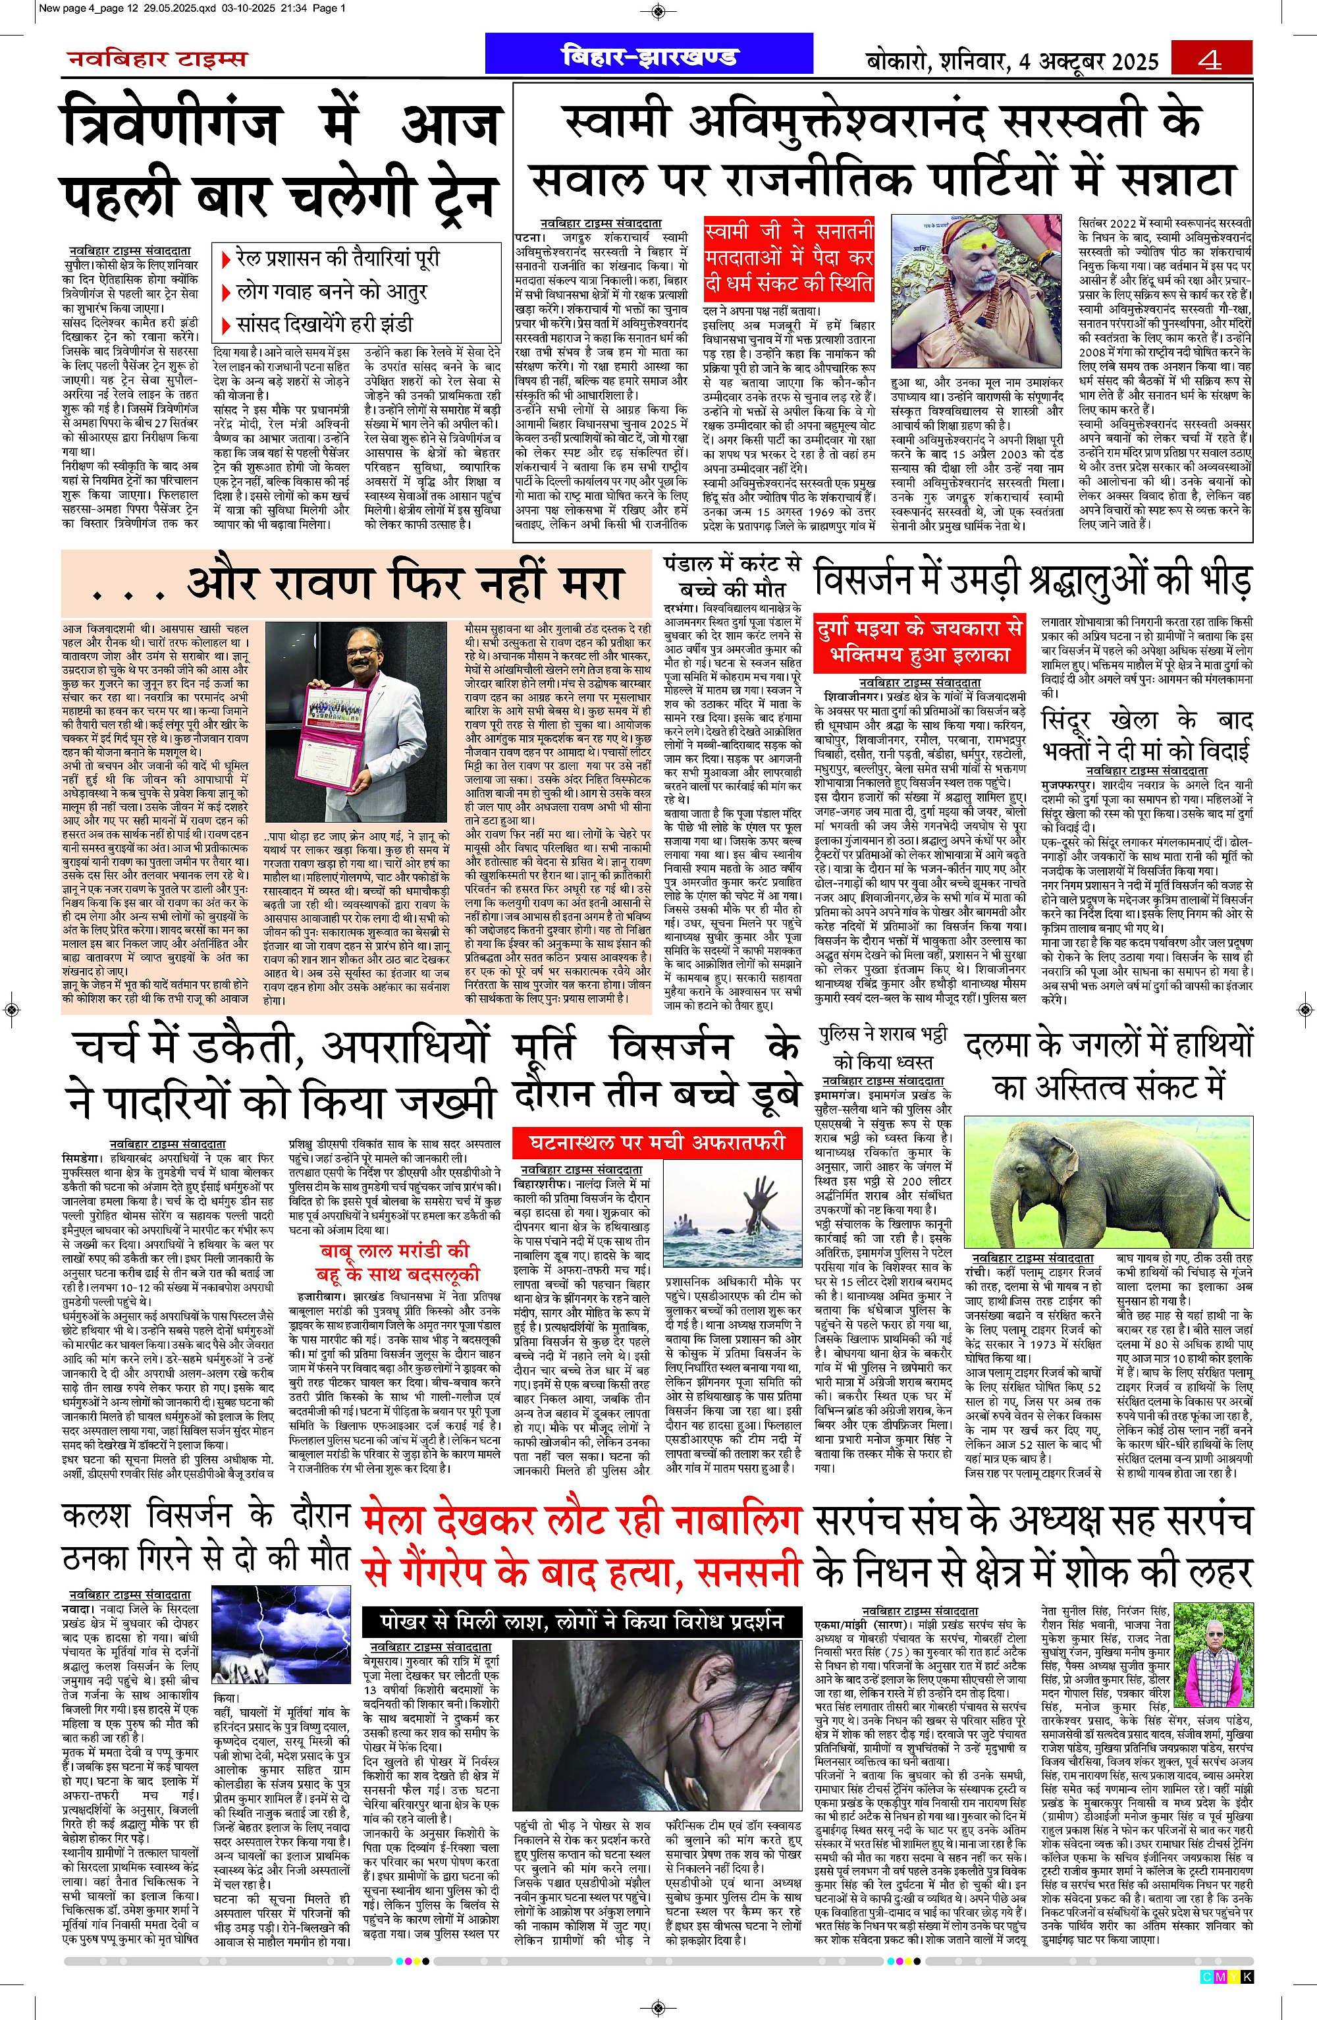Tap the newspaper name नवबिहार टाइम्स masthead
158,59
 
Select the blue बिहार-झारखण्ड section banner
649,57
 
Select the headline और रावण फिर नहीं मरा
356,584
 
